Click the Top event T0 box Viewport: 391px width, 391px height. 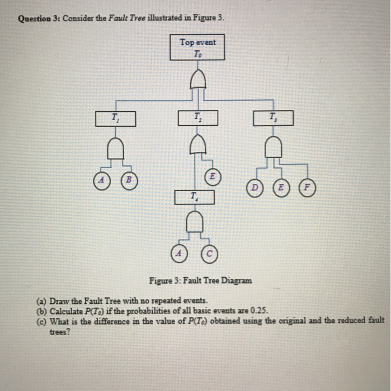click(197, 47)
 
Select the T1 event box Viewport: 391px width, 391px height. click(115, 118)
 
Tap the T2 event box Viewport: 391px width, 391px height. click(197, 118)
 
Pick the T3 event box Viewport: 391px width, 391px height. click(272, 118)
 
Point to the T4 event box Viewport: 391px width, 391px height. click(194, 197)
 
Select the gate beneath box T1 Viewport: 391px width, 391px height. click(115, 149)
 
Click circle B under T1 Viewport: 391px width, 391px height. click(129, 180)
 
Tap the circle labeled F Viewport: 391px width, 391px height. click(307, 188)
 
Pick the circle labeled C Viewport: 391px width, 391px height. click(209, 252)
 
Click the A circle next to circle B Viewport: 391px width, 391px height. click(102, 180)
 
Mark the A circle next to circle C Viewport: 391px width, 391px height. click(179, 252)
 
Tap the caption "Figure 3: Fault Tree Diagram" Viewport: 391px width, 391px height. click(200, 280)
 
